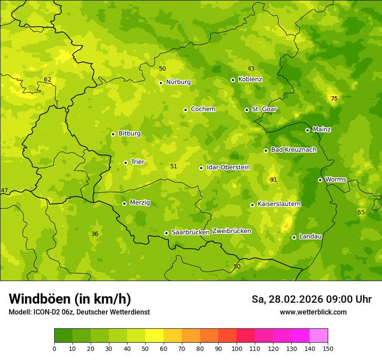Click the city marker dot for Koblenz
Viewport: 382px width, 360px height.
[233, 80]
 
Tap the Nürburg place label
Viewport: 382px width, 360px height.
[178, 82]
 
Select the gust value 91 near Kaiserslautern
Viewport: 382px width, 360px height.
[273, 180]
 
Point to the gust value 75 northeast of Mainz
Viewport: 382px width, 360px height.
[334, 99]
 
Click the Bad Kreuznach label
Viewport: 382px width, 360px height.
[293, 150]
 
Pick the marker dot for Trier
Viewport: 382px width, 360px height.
[125, 163]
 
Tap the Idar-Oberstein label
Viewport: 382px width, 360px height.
[228, 167]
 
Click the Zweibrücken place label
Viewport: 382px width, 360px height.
[231, 231]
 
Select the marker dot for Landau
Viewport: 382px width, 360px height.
[294, 237]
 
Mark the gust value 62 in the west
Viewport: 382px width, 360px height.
[48, 80]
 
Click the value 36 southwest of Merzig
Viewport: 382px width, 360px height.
[95, 234]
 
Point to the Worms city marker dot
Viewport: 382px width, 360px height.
[320, 180]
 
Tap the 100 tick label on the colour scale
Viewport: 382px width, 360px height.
[237, 348]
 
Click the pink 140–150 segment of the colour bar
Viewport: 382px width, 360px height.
[319, 336]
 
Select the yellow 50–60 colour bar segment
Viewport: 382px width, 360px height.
[155, 336]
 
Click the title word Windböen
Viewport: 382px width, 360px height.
[39, 299]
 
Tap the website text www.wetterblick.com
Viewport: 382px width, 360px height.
[313, 312]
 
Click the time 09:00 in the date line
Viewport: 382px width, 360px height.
[333, 299]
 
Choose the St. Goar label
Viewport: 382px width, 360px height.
[264, 109]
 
